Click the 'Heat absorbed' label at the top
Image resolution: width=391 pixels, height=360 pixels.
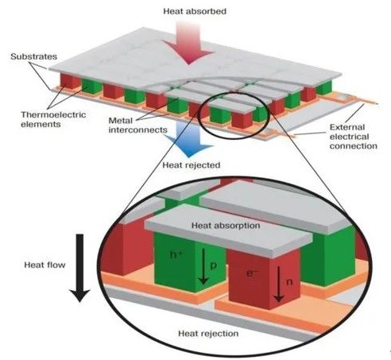pos(195,11)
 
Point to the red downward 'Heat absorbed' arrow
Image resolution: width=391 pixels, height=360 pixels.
pos(188,42)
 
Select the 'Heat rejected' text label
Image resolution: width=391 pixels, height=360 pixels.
pos(192,165)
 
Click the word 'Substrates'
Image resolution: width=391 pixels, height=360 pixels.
pos(33,56)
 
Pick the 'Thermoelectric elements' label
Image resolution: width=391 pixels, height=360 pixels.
pos(53,119)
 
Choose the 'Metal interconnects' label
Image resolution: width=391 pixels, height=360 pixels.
pos(138,125)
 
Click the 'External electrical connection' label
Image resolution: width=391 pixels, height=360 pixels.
pos(354,137)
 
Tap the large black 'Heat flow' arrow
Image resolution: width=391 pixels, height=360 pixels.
pos(79,268)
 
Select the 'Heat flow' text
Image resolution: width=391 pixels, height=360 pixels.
pos(45,265)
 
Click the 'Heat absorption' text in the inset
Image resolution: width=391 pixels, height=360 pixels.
pos(226,226)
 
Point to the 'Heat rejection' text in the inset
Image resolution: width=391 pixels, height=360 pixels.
pos(208,333)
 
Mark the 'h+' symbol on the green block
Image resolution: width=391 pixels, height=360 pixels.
pos(176,254)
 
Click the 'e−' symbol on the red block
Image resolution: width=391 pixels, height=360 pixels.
pos(251,273)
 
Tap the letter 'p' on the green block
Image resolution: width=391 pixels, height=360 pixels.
pos(214,265)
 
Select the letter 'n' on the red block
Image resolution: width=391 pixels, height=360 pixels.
pos(289,282)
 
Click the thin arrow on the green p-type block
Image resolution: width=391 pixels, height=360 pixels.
pos(203,266)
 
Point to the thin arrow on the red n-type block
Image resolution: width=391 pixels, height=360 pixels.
pos(278,285)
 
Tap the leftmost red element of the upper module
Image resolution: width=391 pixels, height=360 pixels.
pos(69,81)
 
